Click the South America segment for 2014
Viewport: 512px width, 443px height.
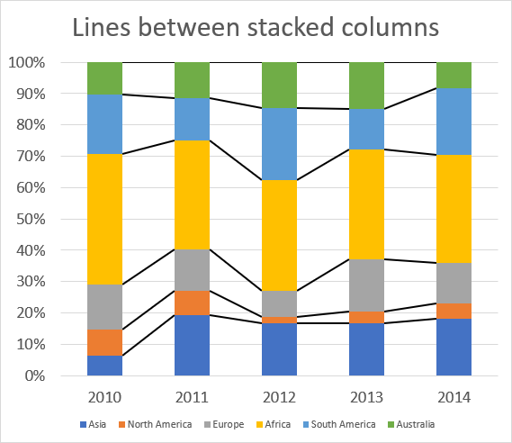[454, 121]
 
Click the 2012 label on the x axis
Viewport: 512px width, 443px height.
[280, 395]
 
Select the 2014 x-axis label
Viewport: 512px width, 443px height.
[454, 395]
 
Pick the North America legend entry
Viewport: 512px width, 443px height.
[156, 424]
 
